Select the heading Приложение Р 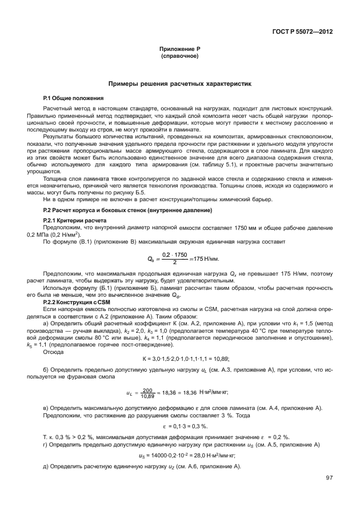tap(179, 50)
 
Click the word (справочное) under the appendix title tap(179, 57)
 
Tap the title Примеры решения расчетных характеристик tap(179, 84)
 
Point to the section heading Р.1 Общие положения tap(73, 98)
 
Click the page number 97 tap(329, 478)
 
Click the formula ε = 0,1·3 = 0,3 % tap(179, 427)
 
